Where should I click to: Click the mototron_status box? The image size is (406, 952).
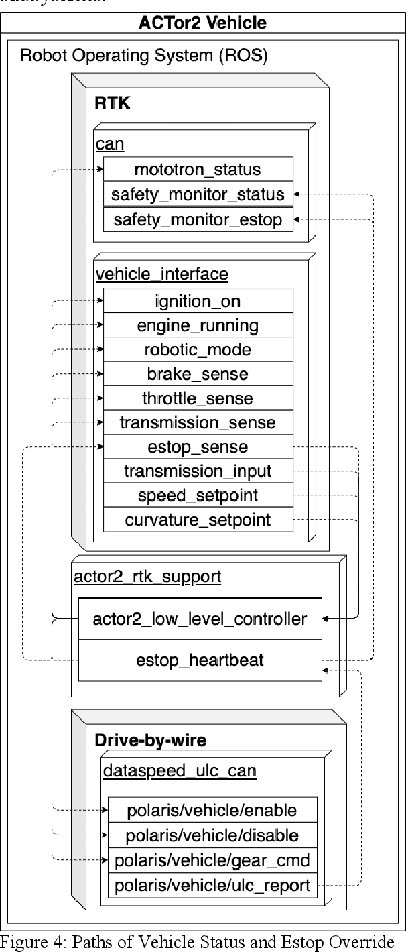(198, 169)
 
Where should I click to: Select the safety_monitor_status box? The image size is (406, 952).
(198, 194)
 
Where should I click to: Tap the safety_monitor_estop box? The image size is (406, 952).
(198, 219)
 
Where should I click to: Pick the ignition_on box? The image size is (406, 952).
(198, 300)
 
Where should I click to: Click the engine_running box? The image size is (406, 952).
(198, 325)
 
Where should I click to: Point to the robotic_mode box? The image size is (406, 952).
(198, 349)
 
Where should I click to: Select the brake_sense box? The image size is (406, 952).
(198, 374)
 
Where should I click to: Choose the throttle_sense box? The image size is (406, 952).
(198, 398)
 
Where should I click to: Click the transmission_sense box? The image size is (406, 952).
(198, 422)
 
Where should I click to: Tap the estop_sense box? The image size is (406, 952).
(198, 447)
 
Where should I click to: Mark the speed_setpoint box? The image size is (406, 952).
(198, 495)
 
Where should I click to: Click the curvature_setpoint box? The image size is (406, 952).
(198, 520)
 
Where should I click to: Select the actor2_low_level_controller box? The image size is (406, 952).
(200, 618)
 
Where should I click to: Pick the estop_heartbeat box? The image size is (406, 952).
(200, 660)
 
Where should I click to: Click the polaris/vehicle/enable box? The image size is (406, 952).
(212, 810)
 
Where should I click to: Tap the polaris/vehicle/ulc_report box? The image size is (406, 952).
(212, 886)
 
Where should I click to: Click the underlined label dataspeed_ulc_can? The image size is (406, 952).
(179, 771)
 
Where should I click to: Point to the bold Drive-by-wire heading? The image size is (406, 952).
(150, 740)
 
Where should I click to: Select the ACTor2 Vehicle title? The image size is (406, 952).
(202, 23)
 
